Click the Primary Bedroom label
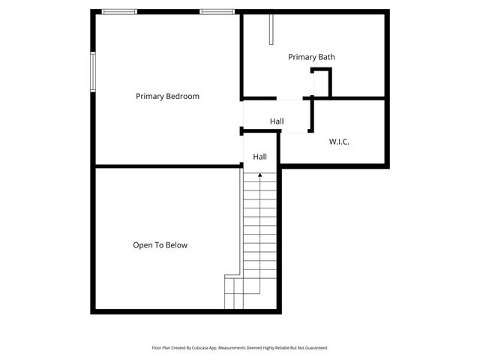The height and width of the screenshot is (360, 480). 167,96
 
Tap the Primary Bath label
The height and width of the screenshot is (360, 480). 311,57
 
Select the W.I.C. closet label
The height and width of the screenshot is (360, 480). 339,142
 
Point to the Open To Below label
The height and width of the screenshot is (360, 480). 160,245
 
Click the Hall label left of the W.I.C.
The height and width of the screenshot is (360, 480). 277,121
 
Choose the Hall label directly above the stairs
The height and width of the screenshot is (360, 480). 259,157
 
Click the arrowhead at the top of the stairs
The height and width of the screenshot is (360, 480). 260,175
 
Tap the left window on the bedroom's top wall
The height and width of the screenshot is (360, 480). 120,11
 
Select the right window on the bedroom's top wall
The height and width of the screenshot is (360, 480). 217,11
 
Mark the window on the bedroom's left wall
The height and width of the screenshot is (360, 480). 94,73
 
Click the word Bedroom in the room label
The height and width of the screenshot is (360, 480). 184,96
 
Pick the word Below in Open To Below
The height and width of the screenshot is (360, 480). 176,245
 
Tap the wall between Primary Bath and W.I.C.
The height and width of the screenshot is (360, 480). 349,98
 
